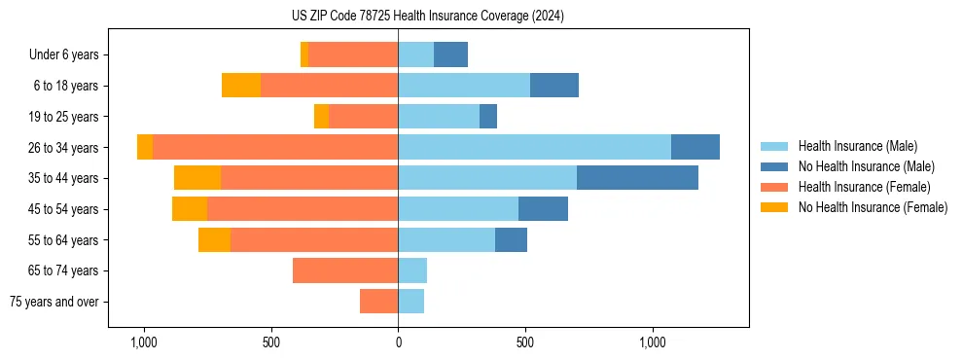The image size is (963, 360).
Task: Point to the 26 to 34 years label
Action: click(x=64, y=148)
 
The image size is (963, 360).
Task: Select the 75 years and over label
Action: click(x=54, y=302)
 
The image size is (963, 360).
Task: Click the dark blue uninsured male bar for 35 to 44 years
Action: click(x=637, y=178)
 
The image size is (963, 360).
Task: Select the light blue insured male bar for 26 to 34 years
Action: click(x=534, y=147)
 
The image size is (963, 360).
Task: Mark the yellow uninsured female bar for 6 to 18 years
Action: click(x=241, y=86)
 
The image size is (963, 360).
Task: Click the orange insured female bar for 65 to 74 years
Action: click(x=345, y=270)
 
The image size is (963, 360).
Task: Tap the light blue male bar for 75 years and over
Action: click(x=410, y=302)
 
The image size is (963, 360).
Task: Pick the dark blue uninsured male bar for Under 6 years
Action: click(x=450, y=54)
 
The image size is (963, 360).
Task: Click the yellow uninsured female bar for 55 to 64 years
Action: click(x=214, y=239)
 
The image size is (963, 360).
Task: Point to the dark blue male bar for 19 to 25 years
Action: click(x=488, y=117)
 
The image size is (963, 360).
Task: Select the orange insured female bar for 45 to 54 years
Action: click(x=303, y=209)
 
